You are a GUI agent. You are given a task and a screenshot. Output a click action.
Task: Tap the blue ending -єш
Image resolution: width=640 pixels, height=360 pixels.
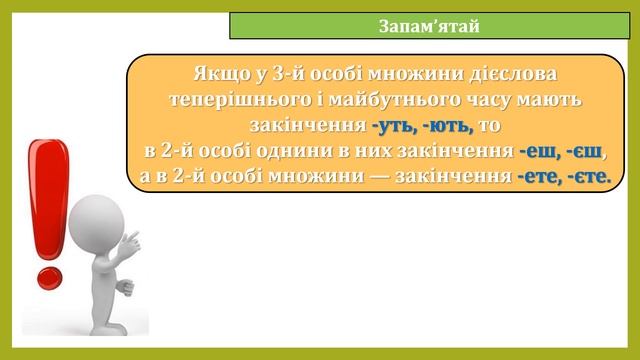(x=588, y=152)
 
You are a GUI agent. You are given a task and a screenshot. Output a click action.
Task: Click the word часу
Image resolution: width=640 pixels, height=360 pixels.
(x=491, y=101)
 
